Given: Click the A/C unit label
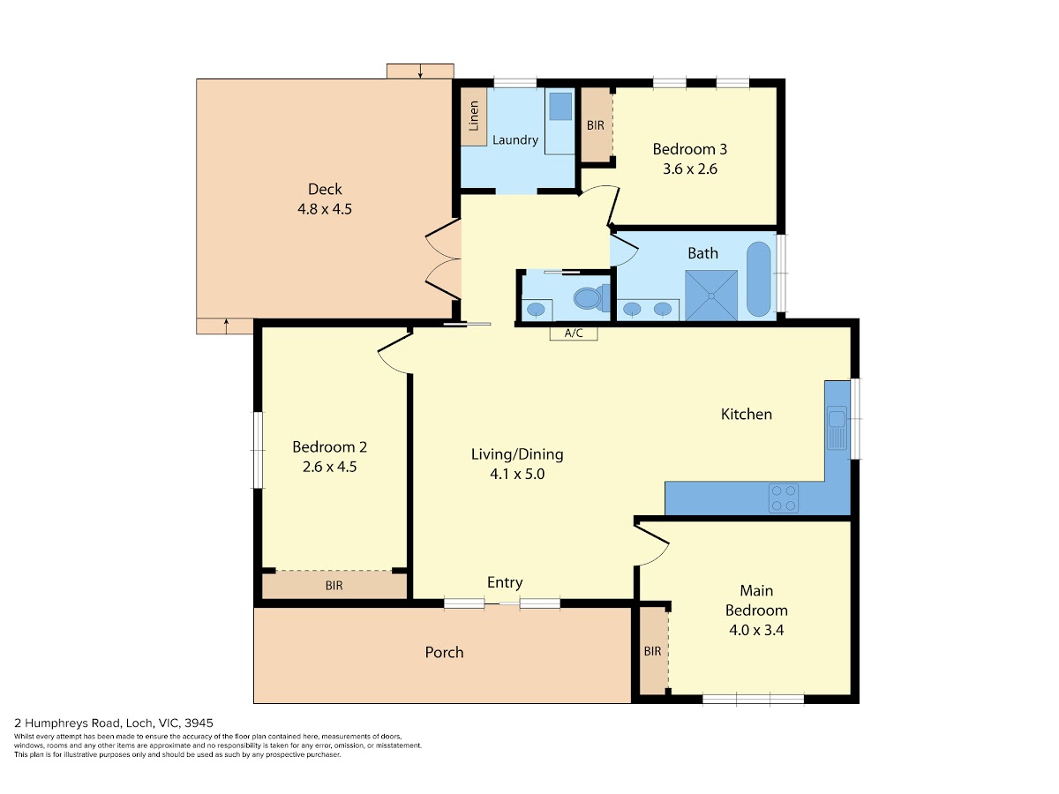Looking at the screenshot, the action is pos(573,333).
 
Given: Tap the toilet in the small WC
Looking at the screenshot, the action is pos(590,298).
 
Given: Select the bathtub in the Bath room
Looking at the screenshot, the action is pos(758,279).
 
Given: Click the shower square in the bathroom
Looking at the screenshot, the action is pos(711,296).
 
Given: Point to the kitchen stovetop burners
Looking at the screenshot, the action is pos(784,498).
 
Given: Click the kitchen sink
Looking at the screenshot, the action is pos(837,428).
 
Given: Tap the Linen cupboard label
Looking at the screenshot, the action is pos(474,116).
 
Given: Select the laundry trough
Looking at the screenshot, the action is pos(560,107).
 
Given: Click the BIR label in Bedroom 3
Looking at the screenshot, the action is pos(596,125).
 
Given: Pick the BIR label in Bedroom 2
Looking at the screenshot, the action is pos(334,586).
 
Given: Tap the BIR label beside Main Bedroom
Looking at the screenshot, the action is pos(652,651).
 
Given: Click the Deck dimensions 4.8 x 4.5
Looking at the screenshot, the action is pos(325,209).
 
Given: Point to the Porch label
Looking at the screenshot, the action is pos(444,652).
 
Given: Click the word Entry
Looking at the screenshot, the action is pos(505,583).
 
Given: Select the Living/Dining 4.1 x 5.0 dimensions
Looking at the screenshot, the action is pos(517,474).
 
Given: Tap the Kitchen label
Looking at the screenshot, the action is pos(747,414).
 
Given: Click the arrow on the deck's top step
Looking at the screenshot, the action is pos(420,71).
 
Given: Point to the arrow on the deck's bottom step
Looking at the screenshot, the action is pos(226,326).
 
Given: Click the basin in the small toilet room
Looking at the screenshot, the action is pos(536,309).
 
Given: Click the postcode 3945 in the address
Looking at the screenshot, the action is pos(199,723).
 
